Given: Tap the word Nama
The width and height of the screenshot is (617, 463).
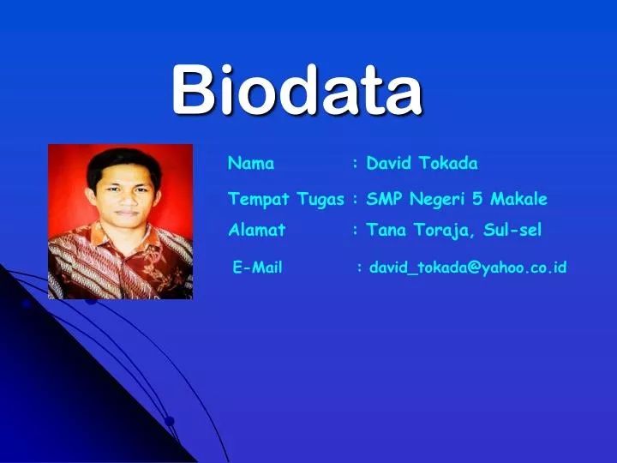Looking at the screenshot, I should pos(251,163).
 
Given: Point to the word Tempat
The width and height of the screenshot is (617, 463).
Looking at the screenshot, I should pos(260,199).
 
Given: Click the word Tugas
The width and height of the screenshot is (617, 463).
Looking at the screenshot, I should pos(320,200).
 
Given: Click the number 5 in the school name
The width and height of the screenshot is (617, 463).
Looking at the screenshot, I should pos(478,199).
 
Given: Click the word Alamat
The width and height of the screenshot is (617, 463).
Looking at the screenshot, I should pos(257,230).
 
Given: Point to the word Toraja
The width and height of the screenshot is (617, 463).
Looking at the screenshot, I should pos(440,231).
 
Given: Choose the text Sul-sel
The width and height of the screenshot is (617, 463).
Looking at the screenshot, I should pos(512,230).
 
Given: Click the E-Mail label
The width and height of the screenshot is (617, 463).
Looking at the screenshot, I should pos(258,268).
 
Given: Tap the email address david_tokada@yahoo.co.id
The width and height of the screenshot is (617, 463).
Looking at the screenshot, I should pos(468,268).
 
